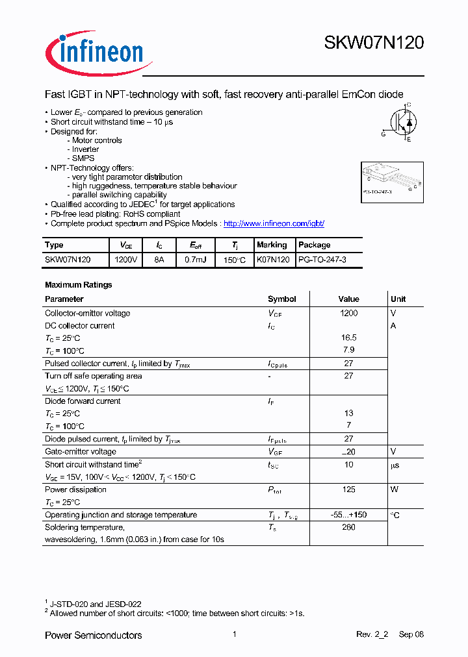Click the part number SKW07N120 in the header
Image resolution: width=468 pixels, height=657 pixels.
click(x=374, y=43)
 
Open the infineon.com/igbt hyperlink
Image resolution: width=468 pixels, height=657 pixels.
click(x=274, y=223)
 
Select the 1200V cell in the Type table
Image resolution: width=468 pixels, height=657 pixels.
click(x=125, y=259)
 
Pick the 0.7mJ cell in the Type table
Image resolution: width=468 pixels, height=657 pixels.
click(x=194, y=259)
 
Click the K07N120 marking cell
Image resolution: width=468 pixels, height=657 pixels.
click(x=273, y=259)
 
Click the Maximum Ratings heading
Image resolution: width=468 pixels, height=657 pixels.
click(x=78, y=284)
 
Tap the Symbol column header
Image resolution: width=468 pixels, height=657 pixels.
click(x=281, y=299)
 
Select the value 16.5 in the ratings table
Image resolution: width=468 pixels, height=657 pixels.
click(x=348, y=338)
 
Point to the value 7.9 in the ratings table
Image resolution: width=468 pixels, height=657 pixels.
click(x=348, y=351)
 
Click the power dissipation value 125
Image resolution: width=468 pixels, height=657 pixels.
click(x=348, y=490)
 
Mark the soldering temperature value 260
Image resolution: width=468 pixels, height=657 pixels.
click(x=348, y=527)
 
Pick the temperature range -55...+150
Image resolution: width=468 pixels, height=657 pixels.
click(x=348, y=515)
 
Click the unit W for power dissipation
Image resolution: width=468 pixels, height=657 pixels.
click(x=394, y=490)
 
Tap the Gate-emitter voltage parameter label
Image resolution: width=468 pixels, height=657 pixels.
click(x=81, y=452)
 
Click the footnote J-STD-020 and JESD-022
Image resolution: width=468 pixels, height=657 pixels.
click(x=96, y=604)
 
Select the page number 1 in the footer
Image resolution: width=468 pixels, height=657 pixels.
click(x=234, y=634)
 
